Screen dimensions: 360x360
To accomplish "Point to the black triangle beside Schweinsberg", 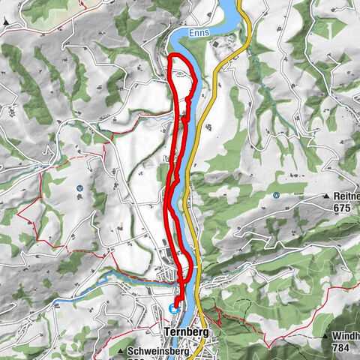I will coord(121,350).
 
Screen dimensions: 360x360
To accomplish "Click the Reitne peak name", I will coord(344,196).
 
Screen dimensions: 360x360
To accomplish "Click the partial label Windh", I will coord(346,336).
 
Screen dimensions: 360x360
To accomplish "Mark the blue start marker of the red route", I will coord(174,307).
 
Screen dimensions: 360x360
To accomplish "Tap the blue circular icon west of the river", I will coord(79,188).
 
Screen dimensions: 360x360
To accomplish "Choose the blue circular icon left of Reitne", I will coord(277,196).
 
